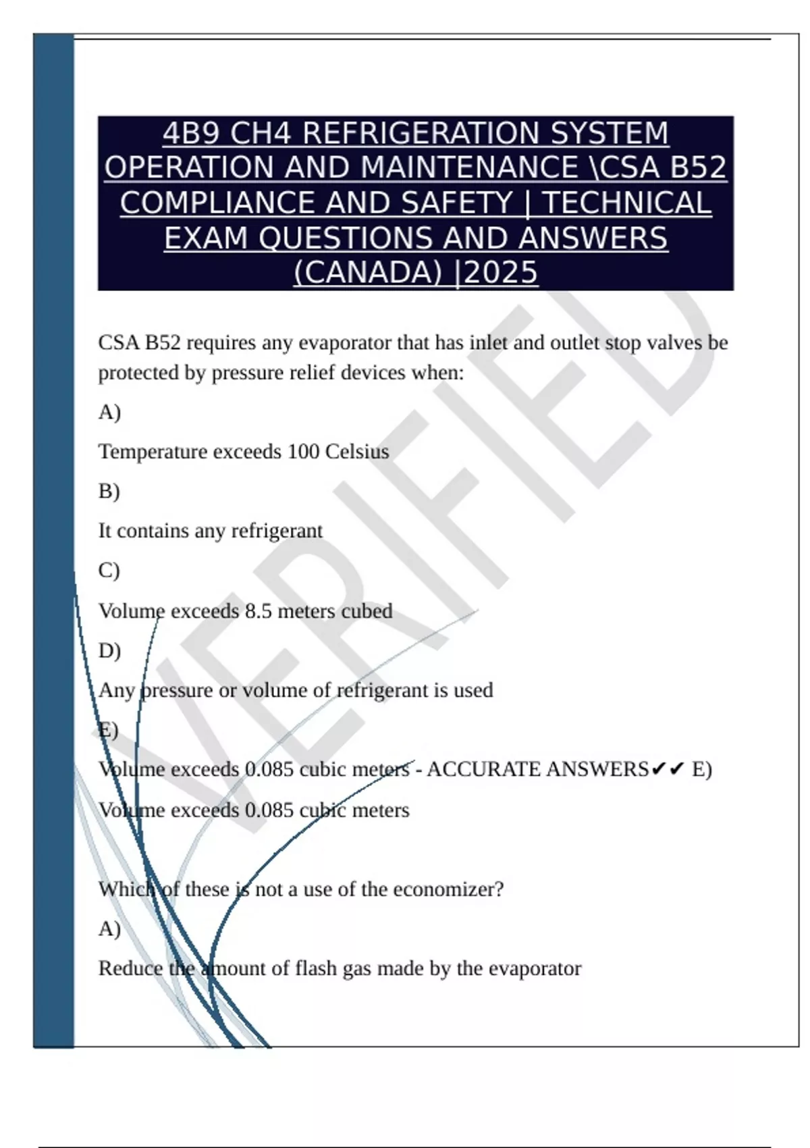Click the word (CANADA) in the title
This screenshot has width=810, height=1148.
(368, 273)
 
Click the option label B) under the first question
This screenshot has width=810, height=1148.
(109, 491)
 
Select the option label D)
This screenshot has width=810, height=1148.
(109, 650)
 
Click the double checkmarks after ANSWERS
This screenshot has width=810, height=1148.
(668, 769)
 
